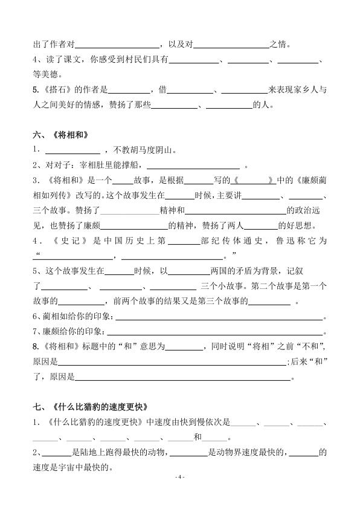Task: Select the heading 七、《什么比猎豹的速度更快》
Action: pyautogui.click(x=91, y=406)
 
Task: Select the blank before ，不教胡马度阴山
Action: pyautogui.click(x=72, y=150)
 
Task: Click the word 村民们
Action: pyautogui.click(x=140, y=60)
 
